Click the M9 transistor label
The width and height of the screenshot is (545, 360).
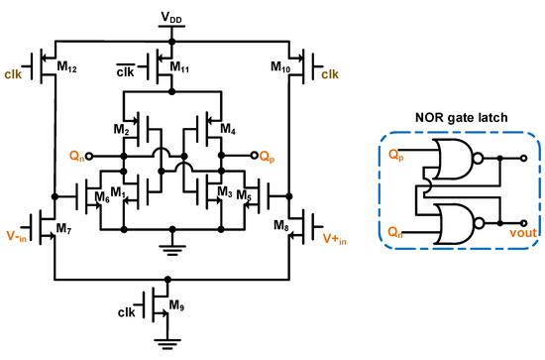click(x=174, y=304)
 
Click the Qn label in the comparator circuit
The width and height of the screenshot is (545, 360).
click(x=75, y=156)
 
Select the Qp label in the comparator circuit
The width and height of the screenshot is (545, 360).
click(x=266, y=156)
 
